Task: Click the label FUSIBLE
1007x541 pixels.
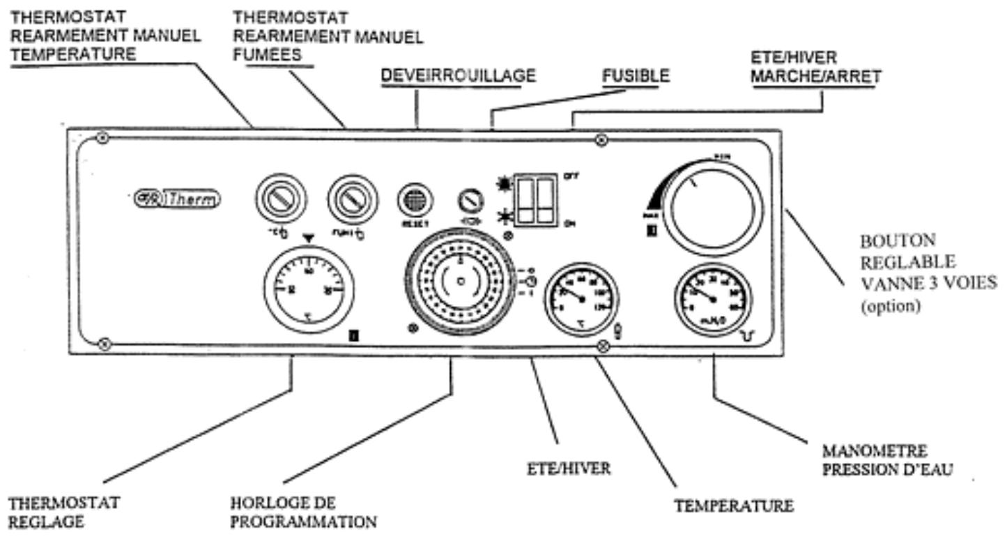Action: tap(635, 77)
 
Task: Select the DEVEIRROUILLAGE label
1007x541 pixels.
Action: tap(458, 77)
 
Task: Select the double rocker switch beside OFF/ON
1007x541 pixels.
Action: tap(535, 199)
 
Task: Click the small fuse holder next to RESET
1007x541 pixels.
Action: tap(470, 201)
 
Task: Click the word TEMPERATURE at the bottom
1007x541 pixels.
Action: tap(734, 507)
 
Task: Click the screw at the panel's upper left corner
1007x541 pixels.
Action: tap(102, 138)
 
